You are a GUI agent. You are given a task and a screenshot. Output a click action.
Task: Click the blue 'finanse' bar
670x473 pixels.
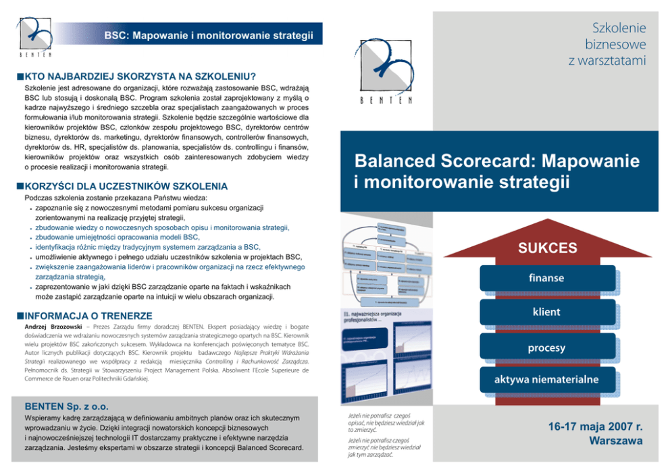click(x=547, y=278)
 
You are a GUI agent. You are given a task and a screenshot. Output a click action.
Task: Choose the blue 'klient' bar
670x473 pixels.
click(x=547, y=312)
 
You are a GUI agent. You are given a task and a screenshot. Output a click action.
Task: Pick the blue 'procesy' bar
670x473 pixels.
click(x=547, y=347)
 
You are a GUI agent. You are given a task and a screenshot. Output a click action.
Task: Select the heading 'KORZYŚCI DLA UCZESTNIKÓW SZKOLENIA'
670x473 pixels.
click(x=126, y=186)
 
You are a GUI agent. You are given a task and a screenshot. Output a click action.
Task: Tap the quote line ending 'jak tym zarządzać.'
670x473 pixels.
click(x=371, y=455)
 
